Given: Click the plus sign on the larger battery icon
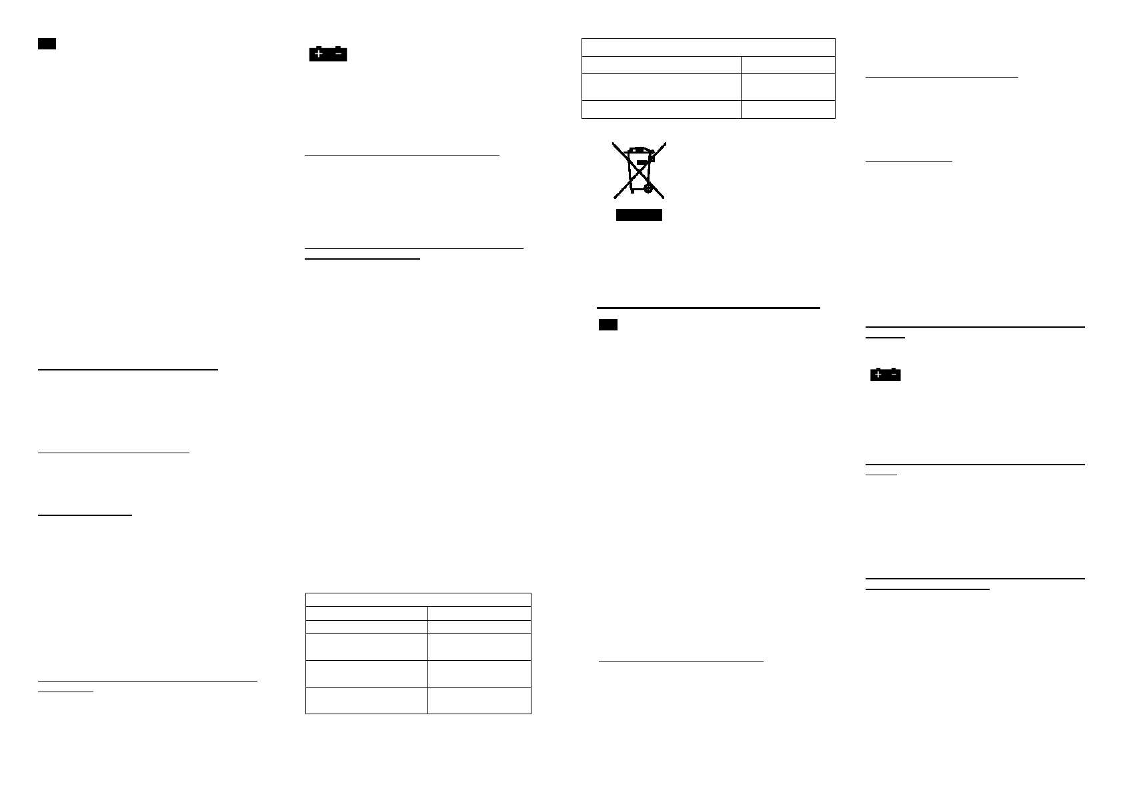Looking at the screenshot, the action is [x=319, y=54].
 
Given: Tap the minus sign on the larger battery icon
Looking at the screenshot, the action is [x=338, y=54].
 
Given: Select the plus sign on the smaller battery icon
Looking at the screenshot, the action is [x=878, y=375].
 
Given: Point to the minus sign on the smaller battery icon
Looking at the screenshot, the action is [x=893, y=375].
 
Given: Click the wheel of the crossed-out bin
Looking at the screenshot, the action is [x=648, y=189].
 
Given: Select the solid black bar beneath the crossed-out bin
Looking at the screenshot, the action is [x=638, y=215].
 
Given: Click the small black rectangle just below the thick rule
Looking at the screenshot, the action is [x=608, y=325].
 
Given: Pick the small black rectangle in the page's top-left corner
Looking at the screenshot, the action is [x=46, y=44].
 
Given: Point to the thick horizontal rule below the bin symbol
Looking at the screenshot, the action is [x=708, y=308].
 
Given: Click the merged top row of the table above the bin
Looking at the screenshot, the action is [x=708, y=47].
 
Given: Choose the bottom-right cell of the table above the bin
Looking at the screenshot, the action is [x=788, y=109].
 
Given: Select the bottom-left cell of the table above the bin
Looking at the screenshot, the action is [x=661, y=109].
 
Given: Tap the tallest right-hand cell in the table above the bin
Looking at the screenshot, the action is [x=788, y=87].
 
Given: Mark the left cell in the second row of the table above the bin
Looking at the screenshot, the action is [x=661, y=65].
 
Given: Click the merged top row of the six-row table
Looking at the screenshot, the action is [x=418, y=599].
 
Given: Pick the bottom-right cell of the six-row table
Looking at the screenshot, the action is [x=479, y=700].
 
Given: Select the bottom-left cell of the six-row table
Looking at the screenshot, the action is [x=366, y=700].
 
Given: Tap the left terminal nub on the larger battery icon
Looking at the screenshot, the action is [x=318, y=47].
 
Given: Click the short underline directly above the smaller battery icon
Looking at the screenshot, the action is [x=884, y=338].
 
